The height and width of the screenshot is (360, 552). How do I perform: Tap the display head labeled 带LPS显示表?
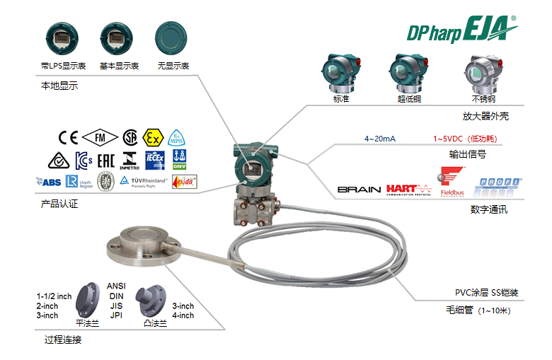(x=57, y=35)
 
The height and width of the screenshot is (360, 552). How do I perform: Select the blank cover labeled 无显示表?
(x=173, y=35)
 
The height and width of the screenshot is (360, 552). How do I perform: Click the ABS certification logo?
(x=48, y=182)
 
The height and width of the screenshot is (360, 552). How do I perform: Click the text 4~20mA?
(x=379, y=138)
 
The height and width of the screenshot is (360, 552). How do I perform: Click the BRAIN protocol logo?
(x=359, y=190)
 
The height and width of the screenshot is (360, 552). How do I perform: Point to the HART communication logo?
(x=409, y=189)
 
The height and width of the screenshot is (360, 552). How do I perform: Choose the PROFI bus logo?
(x=500, y=186)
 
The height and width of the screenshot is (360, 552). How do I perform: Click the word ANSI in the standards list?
(x=117, y=286)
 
